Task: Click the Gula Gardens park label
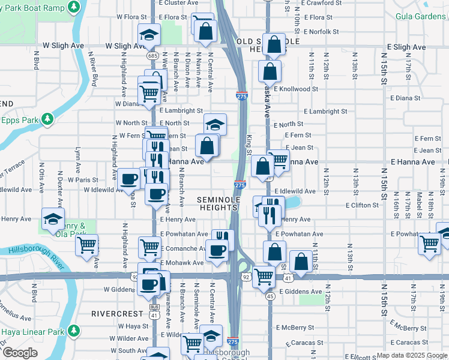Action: point(420,16)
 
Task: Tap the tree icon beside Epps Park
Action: point(47,121)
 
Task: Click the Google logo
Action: point(20,353)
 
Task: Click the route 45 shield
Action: point(270,296)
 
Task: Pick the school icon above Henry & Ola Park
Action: point(53,217)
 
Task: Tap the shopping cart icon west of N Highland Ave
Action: point(87,244)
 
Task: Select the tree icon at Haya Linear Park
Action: point(74,331)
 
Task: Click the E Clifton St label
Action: point(362,205)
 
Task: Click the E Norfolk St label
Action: point(321,32)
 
